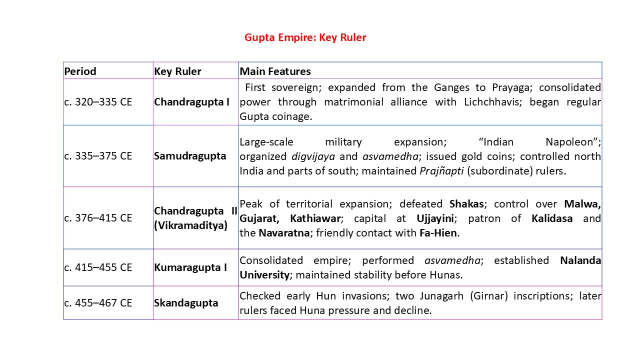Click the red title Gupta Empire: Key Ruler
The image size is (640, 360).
pyautogui.click(x=305, y=37)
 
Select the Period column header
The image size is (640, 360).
pyautogui.click(x=80, y=71)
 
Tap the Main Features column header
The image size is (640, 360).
pyautogui.click(x=275, y=71)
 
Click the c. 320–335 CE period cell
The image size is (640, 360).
pyautogui.click(x=98, y=102)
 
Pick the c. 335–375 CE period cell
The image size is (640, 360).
pyautogui.click(x=98, y=156)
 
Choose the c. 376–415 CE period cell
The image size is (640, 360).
pyautogui.click(x=98, y=218)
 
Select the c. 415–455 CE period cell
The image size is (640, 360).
pyautogui.click(x=98, y=267)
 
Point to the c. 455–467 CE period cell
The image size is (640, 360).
pyautogui.click(x=98, y=303)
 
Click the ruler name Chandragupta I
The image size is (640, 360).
pyautogui.click(x=192, y=102)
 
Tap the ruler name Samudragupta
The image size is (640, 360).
pyautogui.click(x=190, y=156)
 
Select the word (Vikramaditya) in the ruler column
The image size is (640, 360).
pyautogui.click(x=190, y=225)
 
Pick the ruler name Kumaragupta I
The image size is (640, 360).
pyautogui.click(x=190, y=267)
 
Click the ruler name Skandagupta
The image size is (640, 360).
pyautogui.click(x=186, y=303)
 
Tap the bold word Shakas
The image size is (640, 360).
pyautogui.click(x=466, y=204)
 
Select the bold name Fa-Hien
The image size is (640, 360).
pyautogui.click(x=438, y=233)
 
